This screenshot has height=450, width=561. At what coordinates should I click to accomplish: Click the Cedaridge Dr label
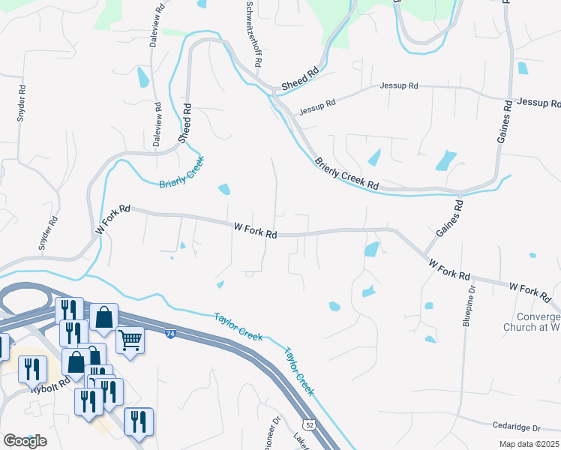(x=517, y=427)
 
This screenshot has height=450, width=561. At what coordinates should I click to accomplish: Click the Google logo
(x=25, y=440)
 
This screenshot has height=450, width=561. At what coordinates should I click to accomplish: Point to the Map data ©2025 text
(x=529, y=444)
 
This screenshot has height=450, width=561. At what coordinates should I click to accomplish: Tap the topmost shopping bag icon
(x=104, y=316)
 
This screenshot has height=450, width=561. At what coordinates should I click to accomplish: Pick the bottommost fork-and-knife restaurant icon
(x=139, y=421)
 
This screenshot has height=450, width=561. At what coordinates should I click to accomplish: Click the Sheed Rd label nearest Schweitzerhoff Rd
(x=300, y=75)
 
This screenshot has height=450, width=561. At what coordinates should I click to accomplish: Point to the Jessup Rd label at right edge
(x=538, y=102)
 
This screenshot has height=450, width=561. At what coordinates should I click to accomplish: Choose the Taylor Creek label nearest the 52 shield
(x=298, y=370)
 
